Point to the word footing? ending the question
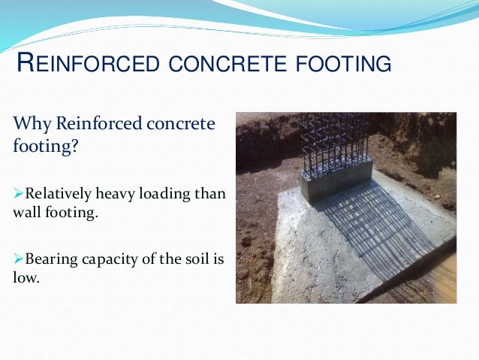pyautogui.click(x=46, y=144)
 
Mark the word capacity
pyautogui.click(x=108, y=259)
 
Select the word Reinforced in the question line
pyautogui.click(x=94, y=123)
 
